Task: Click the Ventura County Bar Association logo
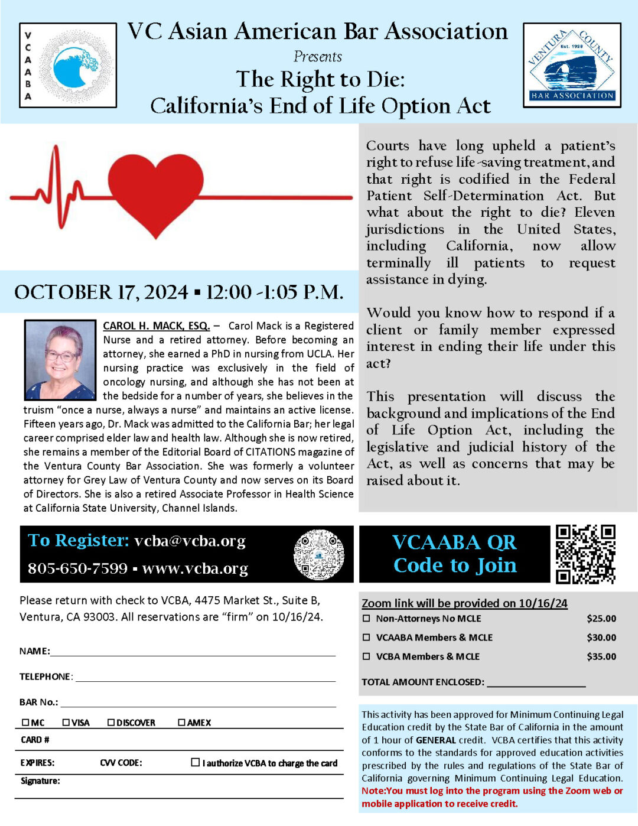coord(572,66)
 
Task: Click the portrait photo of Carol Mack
coord(60,360)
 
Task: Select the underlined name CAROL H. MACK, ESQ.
coord(156,326)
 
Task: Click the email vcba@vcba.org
coord(190,541)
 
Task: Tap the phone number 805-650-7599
coord(77,568)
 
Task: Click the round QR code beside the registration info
coord(318,554)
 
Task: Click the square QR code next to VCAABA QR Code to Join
coord(585,554)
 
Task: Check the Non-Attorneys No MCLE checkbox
coord(366,619)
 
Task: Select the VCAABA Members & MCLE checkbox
coord(366,638)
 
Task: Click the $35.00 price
coord(601,656)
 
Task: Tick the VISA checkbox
coord(66,723)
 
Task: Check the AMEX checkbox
coord(182,723)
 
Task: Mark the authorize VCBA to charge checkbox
coord(196,762)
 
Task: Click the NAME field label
coord(34,651)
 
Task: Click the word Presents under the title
coord(318,57)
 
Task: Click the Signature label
coord(40,781)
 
